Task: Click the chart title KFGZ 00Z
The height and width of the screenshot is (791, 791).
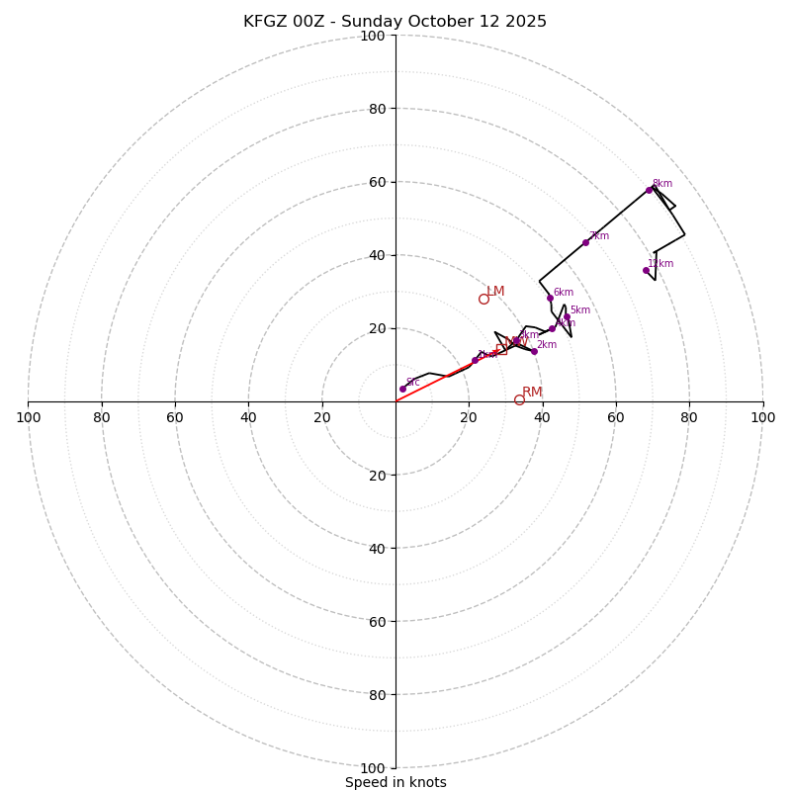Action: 395,22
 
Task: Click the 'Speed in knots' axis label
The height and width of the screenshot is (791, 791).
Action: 395,782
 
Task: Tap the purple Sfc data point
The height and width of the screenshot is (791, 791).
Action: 402,389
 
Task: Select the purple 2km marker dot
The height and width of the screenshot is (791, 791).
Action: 534,351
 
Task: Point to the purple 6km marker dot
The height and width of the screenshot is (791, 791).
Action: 550,298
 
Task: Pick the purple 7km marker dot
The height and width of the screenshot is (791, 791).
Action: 585,242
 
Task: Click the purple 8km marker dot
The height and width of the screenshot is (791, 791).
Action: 649,190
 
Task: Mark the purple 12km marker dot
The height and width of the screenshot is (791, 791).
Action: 646,270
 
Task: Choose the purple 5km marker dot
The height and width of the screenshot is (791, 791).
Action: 567,317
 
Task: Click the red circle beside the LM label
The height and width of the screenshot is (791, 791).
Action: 483,299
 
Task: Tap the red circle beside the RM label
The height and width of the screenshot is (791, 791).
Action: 519,399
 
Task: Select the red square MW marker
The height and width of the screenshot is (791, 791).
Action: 501,349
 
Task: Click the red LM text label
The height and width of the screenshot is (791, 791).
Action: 495,292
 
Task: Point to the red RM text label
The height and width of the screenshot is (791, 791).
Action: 532,393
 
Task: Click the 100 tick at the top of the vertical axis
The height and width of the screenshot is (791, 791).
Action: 373,36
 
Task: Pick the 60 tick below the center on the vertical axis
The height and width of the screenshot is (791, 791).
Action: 378,621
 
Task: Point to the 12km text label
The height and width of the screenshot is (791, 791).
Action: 660,264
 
